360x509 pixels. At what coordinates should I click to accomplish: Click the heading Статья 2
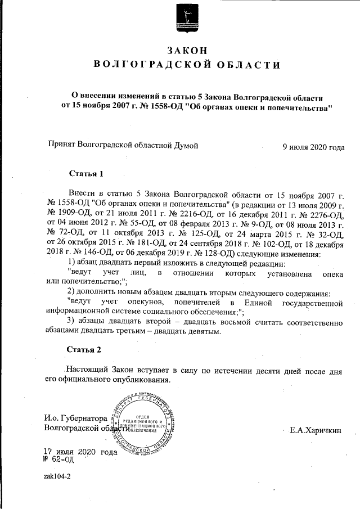[85, 349]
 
